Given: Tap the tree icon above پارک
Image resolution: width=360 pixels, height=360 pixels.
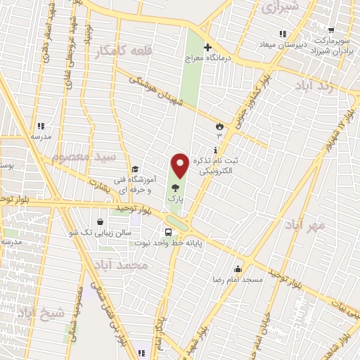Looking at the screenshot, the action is pyautogui.click(x=174, y=188).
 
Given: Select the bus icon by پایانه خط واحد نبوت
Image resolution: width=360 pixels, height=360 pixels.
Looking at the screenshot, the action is pyautogui.click(x=169, y=231).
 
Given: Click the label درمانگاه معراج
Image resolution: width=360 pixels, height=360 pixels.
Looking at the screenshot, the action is pyautogui.click(x=208, y=58).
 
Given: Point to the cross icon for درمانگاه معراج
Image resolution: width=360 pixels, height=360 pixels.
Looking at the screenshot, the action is pyautogui.click(x=207, y=46).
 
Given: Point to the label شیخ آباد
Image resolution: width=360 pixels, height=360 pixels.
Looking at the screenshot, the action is pyautogui.click(x=40, y=311).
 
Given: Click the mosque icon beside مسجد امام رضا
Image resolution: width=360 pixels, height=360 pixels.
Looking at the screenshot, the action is pyautogui.click(x=238, y=268).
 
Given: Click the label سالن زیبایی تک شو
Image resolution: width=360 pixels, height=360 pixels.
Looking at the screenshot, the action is pyautogui.click(x=101, y=232).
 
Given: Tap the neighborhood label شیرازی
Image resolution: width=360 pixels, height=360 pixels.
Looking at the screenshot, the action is pyautogui.click(x=279, y=7).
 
